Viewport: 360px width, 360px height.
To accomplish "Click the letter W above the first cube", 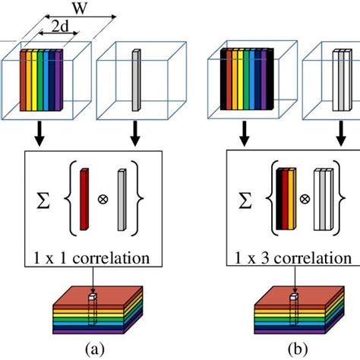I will (79, 10).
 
